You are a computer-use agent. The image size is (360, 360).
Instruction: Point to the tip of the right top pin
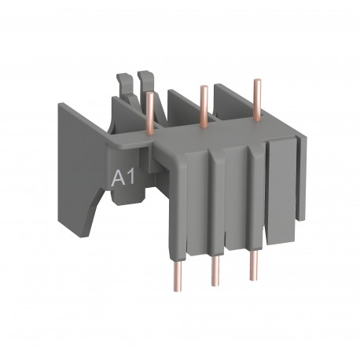(255, 80)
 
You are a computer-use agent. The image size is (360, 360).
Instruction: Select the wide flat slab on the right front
(281, 189)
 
